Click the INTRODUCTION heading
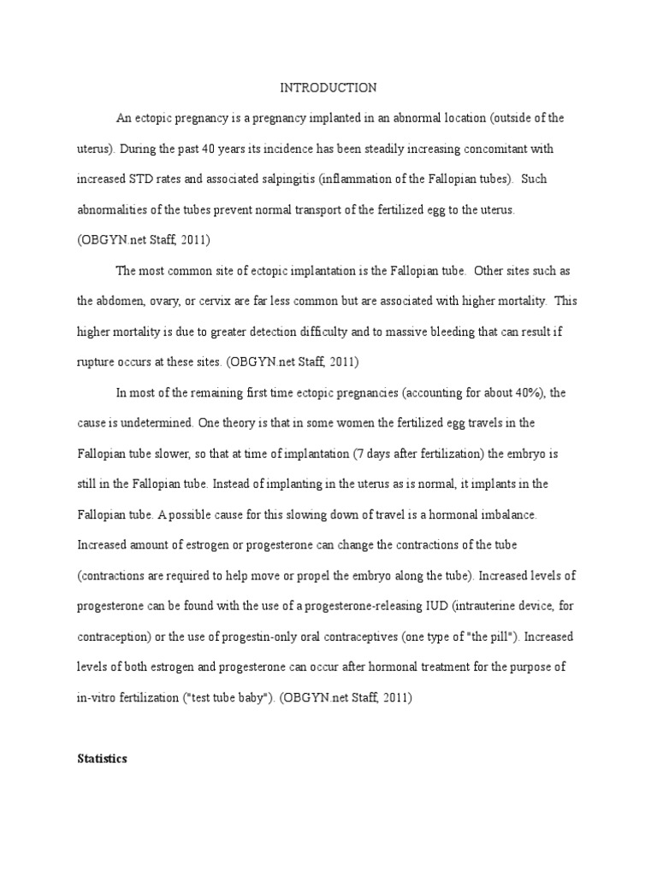coord(329,87)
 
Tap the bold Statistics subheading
coord(103,758)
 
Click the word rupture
coord(95,362)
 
